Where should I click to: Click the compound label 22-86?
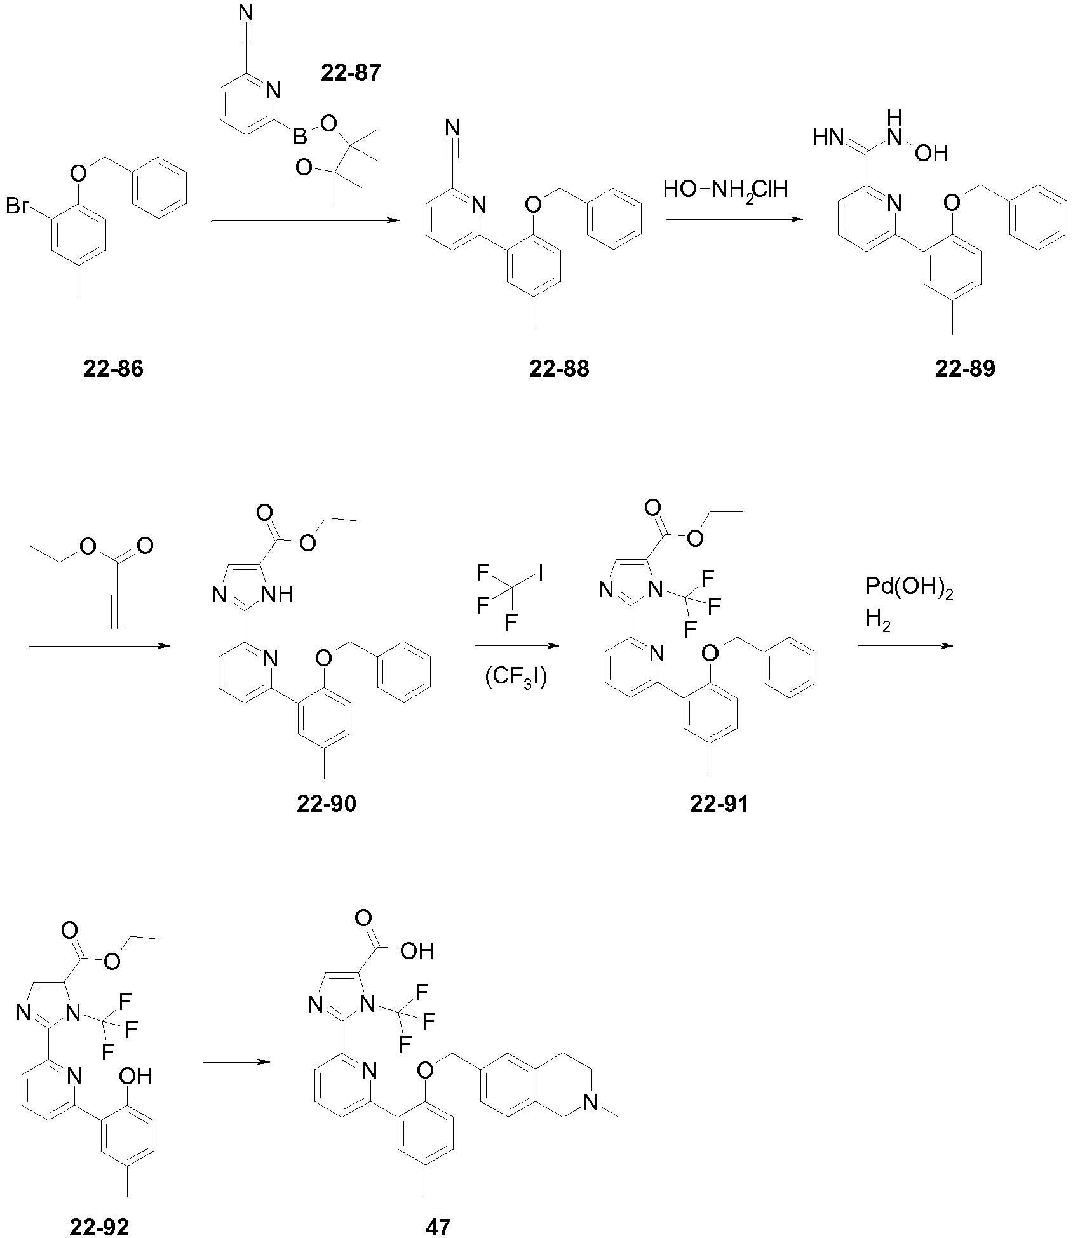point(113,369)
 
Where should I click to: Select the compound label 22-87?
point(351,73)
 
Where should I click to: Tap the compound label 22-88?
point(559,369)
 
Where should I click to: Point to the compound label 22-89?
point(965,369)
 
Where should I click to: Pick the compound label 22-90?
point(327,804)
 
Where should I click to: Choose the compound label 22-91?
point(719,804)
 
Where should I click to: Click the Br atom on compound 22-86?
point(18,207)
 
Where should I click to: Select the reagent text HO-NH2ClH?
point(725,190)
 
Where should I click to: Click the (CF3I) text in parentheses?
point(516,680)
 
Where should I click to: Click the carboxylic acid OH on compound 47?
point(418,951)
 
